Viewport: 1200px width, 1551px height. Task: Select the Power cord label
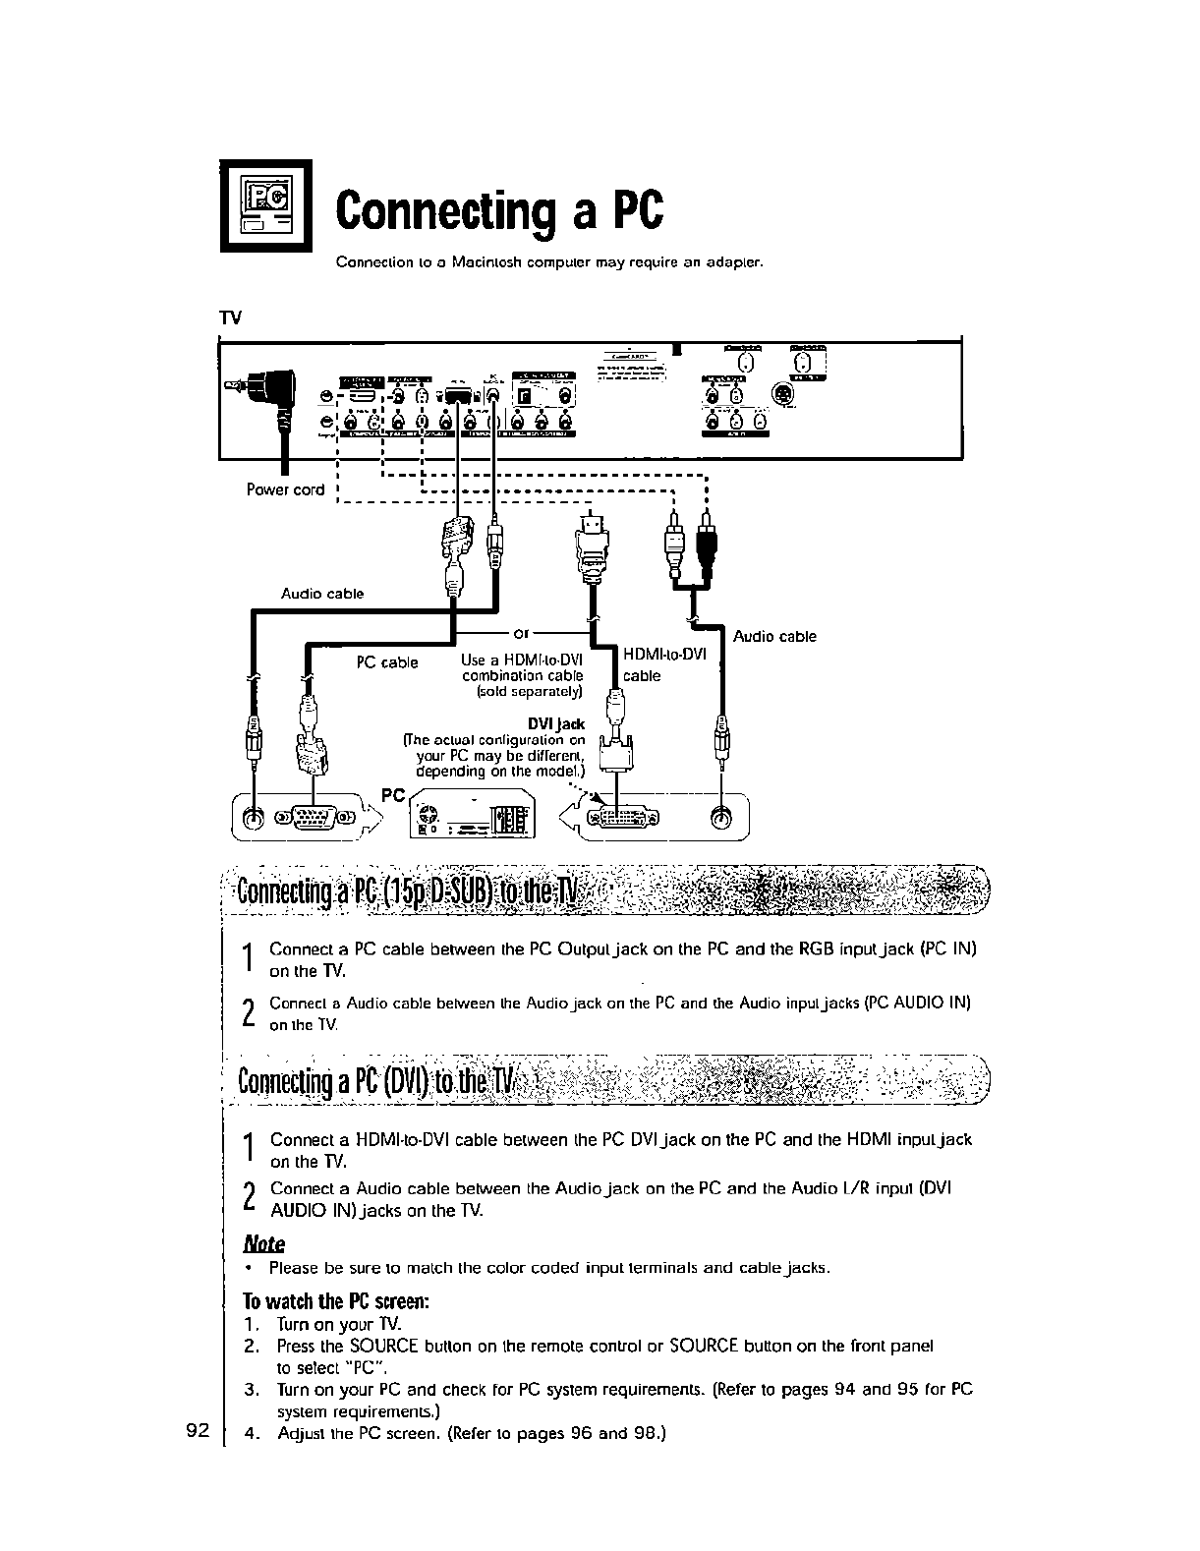285,489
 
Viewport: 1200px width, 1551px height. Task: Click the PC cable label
387,662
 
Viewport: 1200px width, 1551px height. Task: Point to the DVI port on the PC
622,819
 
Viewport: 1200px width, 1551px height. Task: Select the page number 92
198,1430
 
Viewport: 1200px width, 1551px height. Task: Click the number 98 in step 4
645,1433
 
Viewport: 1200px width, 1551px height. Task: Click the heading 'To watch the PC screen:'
335,1302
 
